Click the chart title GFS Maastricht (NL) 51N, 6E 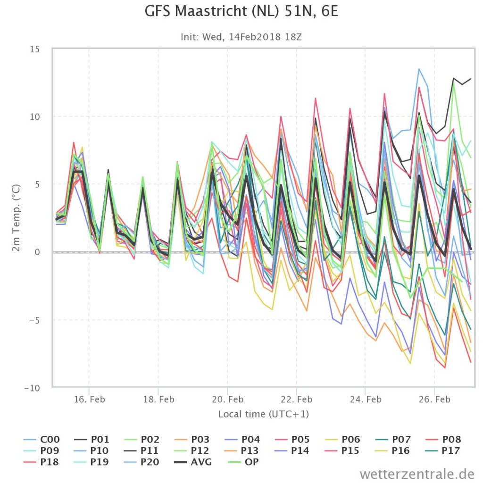point(241,11)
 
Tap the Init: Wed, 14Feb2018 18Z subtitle point(241,37)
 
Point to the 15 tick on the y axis point(35,49)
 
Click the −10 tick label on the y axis point(32,388)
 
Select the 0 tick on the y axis point(37,252)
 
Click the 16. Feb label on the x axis point(89,400)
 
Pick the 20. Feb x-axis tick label point(228,400)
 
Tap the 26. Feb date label point(434,400)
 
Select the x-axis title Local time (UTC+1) point(263,414)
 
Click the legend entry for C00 point(42,439)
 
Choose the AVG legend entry point(193,462)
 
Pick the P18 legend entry point(41,462)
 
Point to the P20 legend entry point(142,462)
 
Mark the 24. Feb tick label point(366,400)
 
